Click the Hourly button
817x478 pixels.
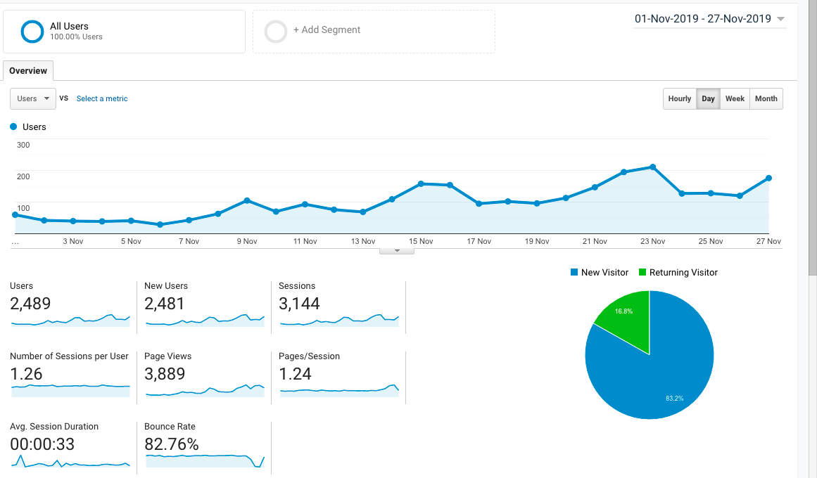tap(680, 98)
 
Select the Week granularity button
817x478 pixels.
tap(735, 98)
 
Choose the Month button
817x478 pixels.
tap(766, 98)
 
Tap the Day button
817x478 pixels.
tap(708, 98)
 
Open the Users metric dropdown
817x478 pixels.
tap(33, 98)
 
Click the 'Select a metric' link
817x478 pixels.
tap(102, 98)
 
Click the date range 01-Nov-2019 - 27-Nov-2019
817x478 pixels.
tap(703, 19)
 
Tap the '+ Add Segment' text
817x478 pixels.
tap(327, 30)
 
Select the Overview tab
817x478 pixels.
tap(28, 71)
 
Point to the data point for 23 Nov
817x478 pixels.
tap(653, 167)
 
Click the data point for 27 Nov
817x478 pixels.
tap(768, 178)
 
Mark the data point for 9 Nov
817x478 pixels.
tap(247, 200)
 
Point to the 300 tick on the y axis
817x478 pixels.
tap(23, 145)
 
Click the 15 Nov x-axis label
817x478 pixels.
tap(421, 241)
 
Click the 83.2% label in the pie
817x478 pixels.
tap(674, 399)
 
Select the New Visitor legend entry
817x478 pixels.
tap(600, 272)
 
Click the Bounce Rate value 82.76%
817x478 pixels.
tap(172, 444)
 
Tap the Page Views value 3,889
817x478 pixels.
tap(165, 374)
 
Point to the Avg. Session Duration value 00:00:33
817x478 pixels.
tap(42, 444)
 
